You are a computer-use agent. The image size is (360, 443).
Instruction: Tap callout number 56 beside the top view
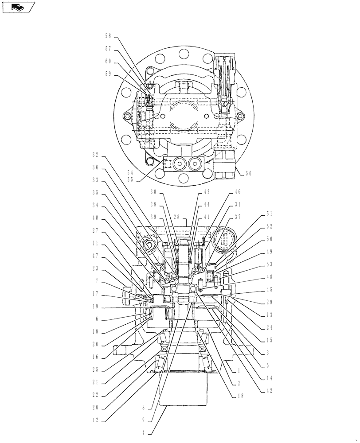248,174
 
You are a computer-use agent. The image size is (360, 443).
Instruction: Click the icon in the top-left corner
18,7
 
